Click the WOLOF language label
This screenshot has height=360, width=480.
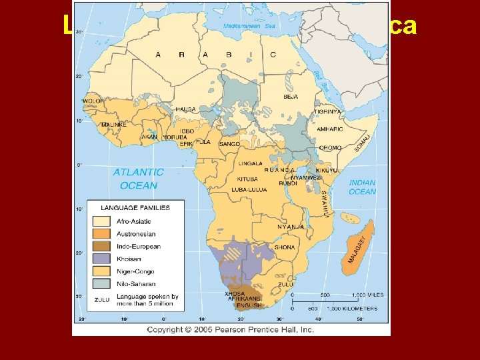coord(93,101)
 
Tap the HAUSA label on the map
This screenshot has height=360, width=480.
coord(186,109)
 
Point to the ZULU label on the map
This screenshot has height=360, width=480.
coord(285,283)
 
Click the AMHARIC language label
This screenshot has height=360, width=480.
coord(329,129)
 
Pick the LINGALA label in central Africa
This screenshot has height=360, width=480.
coord(250,163)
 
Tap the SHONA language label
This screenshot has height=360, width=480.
coord(285,247)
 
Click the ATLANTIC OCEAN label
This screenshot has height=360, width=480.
coord(138,179)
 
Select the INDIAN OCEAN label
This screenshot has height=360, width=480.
coord(362,187)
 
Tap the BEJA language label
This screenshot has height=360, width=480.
coord(291,97)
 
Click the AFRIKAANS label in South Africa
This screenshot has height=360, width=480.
coord(244,299)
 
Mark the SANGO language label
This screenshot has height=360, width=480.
coord(229,143)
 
